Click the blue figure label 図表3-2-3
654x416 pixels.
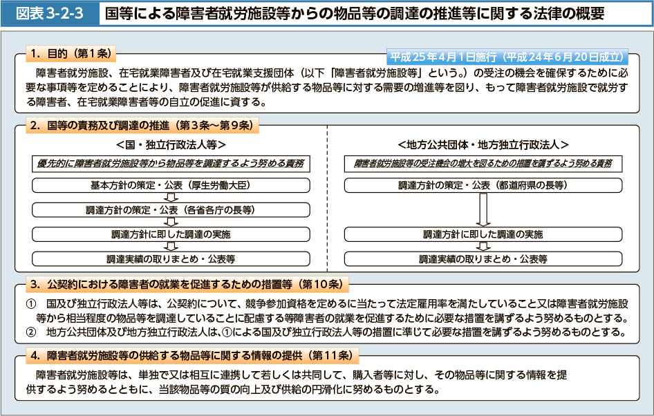coord(50,14)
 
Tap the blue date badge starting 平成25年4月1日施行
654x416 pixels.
coord(507,57)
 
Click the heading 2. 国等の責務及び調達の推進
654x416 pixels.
coord(142,125)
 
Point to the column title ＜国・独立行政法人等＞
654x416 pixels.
coord(171,144)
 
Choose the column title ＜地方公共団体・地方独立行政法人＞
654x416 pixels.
coord(483,144)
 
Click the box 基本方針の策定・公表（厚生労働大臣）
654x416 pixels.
coord(171,185)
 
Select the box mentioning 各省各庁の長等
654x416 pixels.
coord(171,210)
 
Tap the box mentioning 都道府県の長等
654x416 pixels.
coord(483,185)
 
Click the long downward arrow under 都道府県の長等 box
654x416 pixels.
coord(483,209)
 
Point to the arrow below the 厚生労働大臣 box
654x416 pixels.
coord(171,198)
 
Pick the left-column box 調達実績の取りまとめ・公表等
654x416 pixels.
coord(171,259)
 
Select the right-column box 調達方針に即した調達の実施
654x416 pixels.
coord(483,234)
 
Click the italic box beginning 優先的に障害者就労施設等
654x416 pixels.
coord(171,163)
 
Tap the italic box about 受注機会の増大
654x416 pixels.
coord(483,163)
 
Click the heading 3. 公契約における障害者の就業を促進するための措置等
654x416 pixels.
coord(187,284)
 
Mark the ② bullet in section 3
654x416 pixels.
coord(31,332)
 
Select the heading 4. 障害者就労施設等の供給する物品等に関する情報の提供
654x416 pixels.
coord(192,356)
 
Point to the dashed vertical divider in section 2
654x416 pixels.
coord(328,198)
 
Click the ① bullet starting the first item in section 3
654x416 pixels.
coord(31,304)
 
